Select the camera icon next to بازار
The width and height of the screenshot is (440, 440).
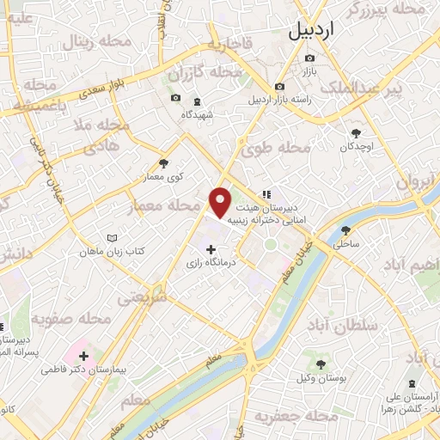click(x=310, y=58)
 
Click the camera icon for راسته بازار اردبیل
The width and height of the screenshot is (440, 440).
click(x=279, y=86)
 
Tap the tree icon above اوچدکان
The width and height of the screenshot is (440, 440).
click(x=357, y=132)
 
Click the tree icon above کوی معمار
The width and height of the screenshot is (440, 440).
click(x=164, y=162)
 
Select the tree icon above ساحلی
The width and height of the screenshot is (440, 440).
click(x=345, y=230)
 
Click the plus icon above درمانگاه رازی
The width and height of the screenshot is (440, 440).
click(x=211, y=249)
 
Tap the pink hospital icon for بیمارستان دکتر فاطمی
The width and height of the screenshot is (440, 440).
click(x=83, y=356)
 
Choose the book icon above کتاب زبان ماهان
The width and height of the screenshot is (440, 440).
click(x=110, y=238)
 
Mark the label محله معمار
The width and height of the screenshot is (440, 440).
click(x=159, y=206)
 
